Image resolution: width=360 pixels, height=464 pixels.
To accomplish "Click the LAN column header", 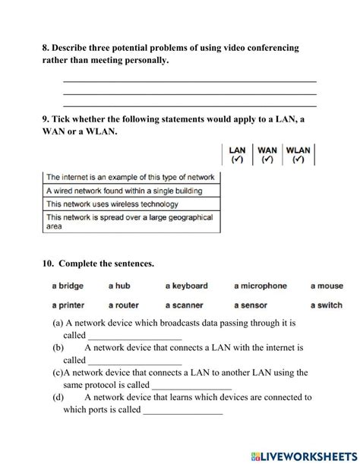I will (x=237, y=154).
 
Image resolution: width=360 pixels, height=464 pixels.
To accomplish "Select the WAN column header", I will (x=267, y=154).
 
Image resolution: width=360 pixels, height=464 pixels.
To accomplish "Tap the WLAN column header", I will (x=298, y=154).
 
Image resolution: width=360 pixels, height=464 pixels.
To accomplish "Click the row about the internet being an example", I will (x=131, y=177).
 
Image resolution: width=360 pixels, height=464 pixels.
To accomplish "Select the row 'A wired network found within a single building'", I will (x=131, y=191).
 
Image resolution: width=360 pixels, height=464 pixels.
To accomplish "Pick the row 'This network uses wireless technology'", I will (x=131, y=204).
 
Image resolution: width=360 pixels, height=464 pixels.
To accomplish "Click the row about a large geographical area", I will (x=131, y=221).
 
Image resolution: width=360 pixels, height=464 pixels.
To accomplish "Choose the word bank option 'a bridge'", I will (x=68, y=286).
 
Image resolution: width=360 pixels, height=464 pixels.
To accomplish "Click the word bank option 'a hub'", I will (x=120, y=286).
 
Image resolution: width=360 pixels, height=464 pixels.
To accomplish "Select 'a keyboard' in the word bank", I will (x=186, y=286).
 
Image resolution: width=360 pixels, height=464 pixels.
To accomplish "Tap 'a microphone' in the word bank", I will (x=261, y=286).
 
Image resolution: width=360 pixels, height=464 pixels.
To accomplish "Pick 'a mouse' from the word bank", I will (x=327, y=286).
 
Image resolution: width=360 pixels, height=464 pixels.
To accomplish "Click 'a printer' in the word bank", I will (x=68, y=305).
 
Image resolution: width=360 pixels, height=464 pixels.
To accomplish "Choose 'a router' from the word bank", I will (x=123, y=305).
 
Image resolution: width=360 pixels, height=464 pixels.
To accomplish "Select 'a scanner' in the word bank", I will (x=185, y=305).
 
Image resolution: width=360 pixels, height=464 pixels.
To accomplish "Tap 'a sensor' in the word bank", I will (x=251, y=305).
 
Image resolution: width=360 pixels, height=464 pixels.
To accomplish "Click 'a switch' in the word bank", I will (x=327, y=305).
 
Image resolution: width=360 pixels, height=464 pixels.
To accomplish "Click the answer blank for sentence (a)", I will (x=135, y=336).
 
